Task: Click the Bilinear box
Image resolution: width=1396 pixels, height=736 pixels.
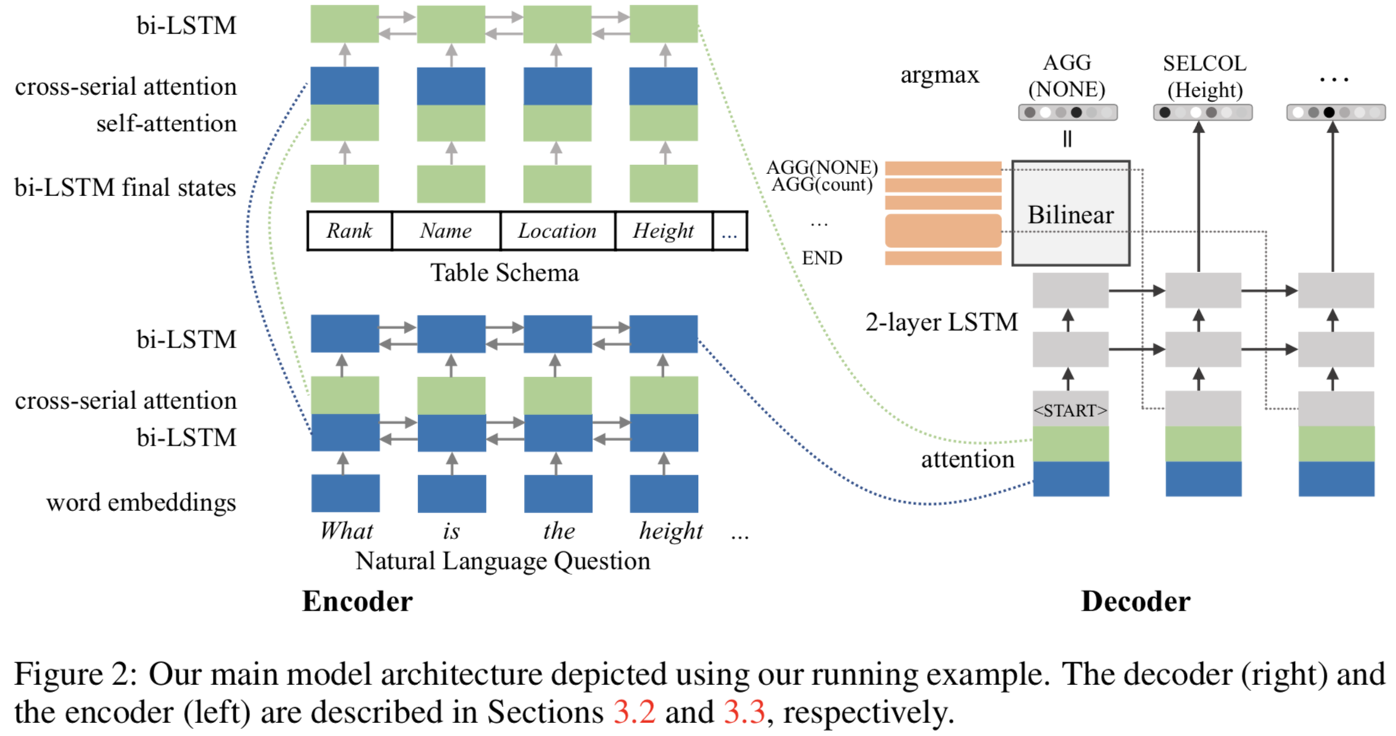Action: tap(1070, 214)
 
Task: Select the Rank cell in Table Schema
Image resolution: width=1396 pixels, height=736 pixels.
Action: tap(349, 230)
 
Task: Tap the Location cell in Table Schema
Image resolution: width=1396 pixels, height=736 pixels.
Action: tap(557, 230)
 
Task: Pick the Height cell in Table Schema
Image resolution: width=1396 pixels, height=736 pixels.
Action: tap(663, 230)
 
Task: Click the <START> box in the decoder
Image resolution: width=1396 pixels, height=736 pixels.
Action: tap(1070, 410)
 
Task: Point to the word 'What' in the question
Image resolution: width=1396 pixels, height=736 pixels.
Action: tap(346, 531)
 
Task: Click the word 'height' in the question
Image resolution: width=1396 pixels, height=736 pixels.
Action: tap(670, 531)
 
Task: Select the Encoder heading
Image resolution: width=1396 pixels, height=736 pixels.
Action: tap(357, 601)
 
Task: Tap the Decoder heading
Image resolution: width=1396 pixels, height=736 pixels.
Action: tap(1135, 601)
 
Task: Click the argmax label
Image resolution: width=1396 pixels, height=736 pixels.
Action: tap(939, 75)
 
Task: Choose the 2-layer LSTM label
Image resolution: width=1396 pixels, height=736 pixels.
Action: tap(941, 322)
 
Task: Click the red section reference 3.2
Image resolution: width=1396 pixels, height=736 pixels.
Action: tap(634, 713)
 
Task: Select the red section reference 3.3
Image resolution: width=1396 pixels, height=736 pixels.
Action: tap(744, 713)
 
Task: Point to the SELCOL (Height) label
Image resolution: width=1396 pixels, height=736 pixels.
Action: tap(1204, 77)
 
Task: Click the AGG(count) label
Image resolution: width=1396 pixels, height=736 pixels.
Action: tap(822, 185)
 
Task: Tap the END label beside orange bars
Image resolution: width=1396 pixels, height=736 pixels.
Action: tap(822, 258)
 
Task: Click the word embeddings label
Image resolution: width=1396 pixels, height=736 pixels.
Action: tap(141, 503)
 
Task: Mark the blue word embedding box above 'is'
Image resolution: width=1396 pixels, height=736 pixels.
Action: tap(451, 493)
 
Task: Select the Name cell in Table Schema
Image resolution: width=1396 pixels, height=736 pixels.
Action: tap(446, 230)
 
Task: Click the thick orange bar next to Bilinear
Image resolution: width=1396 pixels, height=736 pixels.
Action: tap(943, 230)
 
